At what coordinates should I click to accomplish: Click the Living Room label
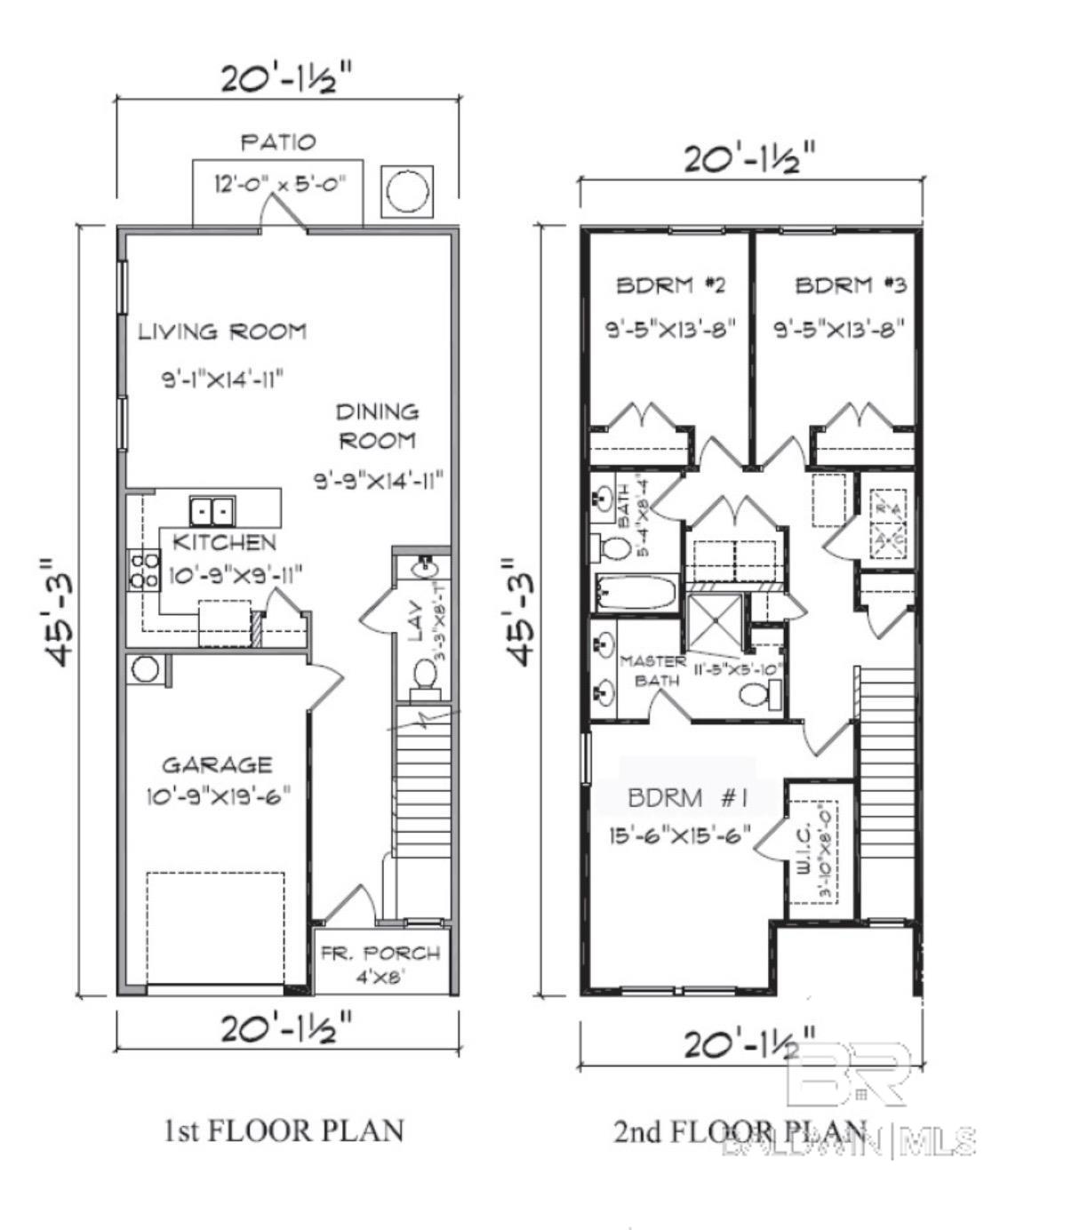click(222, 331)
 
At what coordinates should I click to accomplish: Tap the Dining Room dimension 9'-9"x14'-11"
click(379, 481)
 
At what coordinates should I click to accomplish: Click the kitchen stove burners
click(144, 569)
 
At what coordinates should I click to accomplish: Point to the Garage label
click(217, 764)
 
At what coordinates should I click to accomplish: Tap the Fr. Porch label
click(380, 954)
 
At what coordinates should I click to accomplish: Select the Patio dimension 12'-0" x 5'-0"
click(278, 185)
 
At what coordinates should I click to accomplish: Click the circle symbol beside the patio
click(407, 189)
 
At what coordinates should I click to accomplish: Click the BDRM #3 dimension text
click(839, 329)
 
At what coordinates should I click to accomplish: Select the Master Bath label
click(652, 670)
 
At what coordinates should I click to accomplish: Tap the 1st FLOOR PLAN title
click(284, 1130)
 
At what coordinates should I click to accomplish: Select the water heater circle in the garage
click(145, 669)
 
